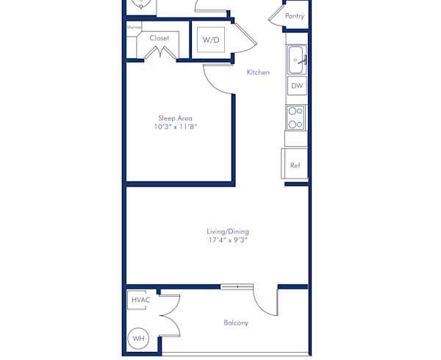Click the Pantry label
[x=294, y=15]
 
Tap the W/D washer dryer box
[x=211, y=40]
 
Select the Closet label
[x=159, y=38]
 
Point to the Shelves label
[x=134, y=27]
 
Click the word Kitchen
[x=258, y=72]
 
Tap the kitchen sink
[x=296, y=60]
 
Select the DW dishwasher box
[x=297, y=86]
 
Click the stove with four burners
[x=296, y=118]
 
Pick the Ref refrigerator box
[x=295, y=165]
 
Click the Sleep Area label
[x=175, y=118]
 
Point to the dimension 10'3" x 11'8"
[x=175, y=127]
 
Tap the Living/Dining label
[x=228, y=231]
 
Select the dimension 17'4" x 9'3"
[x=228, y=240]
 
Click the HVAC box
[x=140, y=300]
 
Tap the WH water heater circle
[x=138, y=339]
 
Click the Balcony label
[x=236, y=323]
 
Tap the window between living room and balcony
[x=237, y=287]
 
